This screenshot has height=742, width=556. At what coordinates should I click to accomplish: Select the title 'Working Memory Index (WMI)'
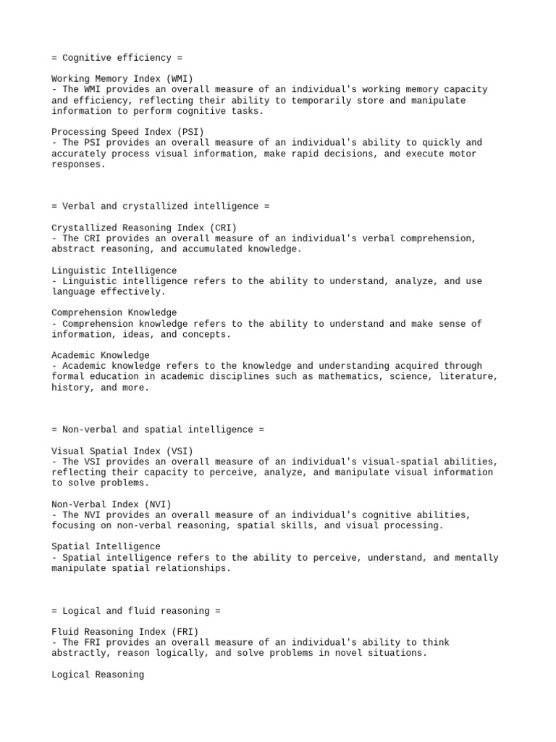pyautogui.click(x=122, y=79)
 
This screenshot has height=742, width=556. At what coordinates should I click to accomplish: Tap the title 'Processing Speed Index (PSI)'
pyautogui.click(x=127, y=132)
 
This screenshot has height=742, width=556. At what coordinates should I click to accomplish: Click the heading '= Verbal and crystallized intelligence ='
pyautogui.click(x=160, y=207)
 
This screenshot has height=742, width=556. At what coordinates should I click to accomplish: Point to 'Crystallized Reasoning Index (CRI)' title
pyautogui.click(x=144, y=228)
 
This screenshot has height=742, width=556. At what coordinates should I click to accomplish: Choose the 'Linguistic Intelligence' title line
pyautogui.click(x=114, y=270)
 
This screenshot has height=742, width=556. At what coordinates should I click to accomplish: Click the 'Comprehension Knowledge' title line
pyautogui.click(x=114, y=313)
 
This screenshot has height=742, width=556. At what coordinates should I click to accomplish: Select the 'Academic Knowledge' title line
pyautogui.click(x=101, y=355)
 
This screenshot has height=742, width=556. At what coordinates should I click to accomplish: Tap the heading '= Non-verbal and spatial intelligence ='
pyautogui.click(x=158, y=430)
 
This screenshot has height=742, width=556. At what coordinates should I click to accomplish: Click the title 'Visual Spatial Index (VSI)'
pyautogui.click(x=122, y=451)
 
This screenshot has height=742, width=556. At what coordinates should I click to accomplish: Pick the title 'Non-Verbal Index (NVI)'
pyautogui.click(x=111, y=504)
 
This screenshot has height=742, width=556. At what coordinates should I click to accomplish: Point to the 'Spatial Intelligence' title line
pyautogui.click(x=106, y=546)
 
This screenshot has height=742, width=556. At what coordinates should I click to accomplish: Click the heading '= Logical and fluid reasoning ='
pyautogui.click(x=136, y=611)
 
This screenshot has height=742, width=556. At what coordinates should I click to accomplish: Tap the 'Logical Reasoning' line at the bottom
pyautogui.click(x=98, y=675)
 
